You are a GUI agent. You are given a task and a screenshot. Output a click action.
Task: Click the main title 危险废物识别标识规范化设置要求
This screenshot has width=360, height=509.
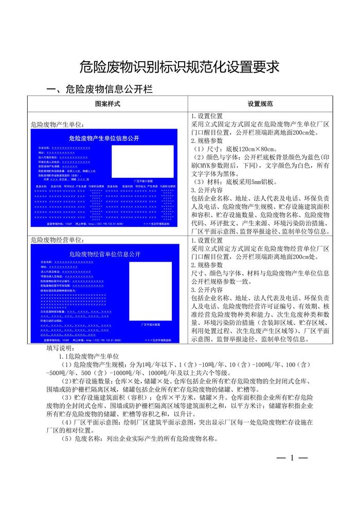(179, 67)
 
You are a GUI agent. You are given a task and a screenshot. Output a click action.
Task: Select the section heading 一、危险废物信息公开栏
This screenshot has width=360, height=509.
(100, 89)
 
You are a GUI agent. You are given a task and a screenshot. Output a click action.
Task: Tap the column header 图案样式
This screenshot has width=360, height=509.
(108, 104)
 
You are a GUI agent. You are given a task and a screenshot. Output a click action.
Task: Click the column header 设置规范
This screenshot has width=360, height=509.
(260, 104)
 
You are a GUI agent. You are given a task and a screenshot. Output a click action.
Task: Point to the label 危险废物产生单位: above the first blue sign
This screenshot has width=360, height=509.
(58, 125)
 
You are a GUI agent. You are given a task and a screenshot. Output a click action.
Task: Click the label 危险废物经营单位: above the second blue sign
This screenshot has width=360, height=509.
(58, 240)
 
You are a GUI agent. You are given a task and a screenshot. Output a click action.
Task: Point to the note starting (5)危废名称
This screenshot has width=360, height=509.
(139, 439)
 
